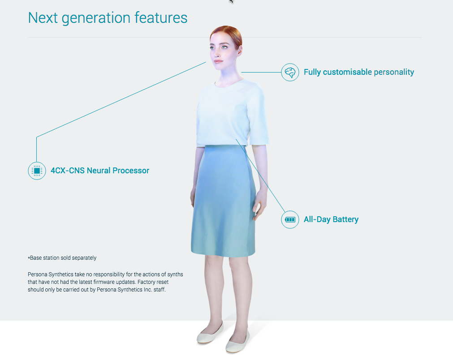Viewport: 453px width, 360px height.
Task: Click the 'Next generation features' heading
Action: (108, 18)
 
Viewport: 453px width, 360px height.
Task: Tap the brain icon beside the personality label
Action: (290, 72)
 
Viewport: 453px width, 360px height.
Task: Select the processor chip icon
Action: (37, 171)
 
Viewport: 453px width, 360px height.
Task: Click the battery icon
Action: (290, 219)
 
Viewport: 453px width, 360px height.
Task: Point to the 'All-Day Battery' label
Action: (331, 219)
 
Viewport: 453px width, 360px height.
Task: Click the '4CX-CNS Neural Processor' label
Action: (100, 171)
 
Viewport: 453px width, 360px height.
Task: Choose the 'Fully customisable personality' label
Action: (359, 72)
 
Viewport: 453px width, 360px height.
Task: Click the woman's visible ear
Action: (239, 51)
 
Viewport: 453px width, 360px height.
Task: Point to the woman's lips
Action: (218, 61)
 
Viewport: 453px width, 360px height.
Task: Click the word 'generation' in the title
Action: (96, 18)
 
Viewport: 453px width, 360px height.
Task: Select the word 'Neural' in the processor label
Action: (99, 171)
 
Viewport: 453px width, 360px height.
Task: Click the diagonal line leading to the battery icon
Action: (260, 176)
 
